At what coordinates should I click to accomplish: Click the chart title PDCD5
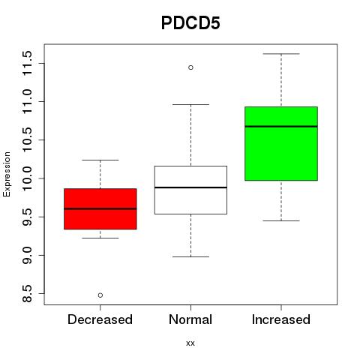(x=190, y=23)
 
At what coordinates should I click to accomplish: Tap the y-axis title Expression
(x=7, y=174)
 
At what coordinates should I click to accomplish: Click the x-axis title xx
(x=190, y=343)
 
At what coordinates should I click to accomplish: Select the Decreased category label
(x=100, y=319)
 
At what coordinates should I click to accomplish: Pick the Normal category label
(x=190, y=319)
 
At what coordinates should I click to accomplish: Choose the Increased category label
(x=281, y=319)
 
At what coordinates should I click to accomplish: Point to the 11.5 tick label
(x=27, y=63)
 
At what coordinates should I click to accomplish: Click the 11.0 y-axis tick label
(x=27, y=101)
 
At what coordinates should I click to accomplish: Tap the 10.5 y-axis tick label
(x=27, y=139)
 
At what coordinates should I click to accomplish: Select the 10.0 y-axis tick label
(x=27, y=178)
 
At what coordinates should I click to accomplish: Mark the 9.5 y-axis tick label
(x=27, y=217)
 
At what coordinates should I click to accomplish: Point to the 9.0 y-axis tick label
(x=27, y=255)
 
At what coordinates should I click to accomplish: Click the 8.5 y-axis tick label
(x=27, y=293)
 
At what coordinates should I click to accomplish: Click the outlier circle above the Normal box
(x=190, y=67)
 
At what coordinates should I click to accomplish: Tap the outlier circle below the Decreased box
(x=100, y=295)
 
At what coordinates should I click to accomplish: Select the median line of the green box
(x=281, y=127)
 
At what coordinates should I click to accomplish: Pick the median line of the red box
(x=100, y=208)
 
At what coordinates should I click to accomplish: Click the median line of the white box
(x=190, y=187)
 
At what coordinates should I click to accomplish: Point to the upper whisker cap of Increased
(x=281, y=54)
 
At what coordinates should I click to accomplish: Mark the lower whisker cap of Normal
(x=190, y=256)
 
